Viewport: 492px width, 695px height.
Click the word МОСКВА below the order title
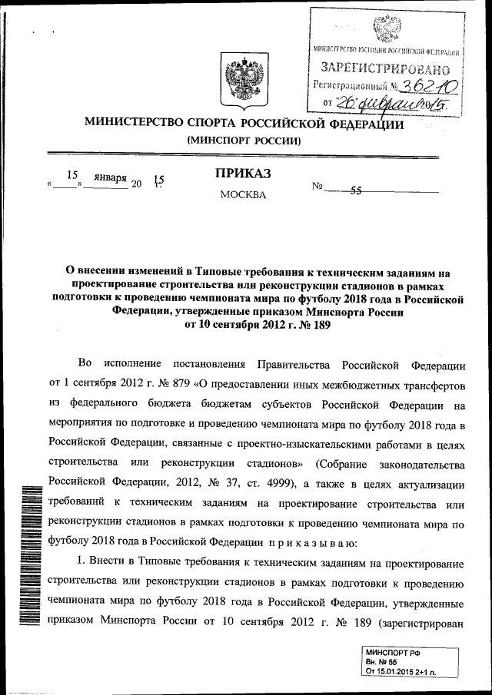[243, 194]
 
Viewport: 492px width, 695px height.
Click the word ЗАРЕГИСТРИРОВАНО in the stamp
[385, 67]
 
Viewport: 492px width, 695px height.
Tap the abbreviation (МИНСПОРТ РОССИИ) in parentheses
[243, 141]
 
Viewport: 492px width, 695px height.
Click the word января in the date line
[110, 177]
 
